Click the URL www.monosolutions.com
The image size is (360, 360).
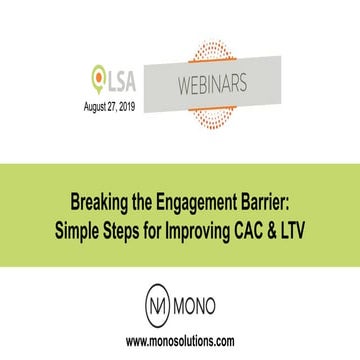pos(180,341)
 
